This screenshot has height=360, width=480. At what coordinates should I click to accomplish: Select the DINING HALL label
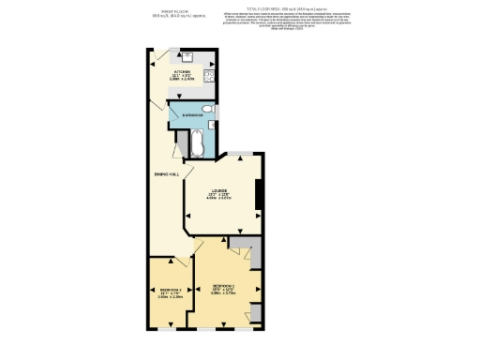(x=168, y=175)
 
